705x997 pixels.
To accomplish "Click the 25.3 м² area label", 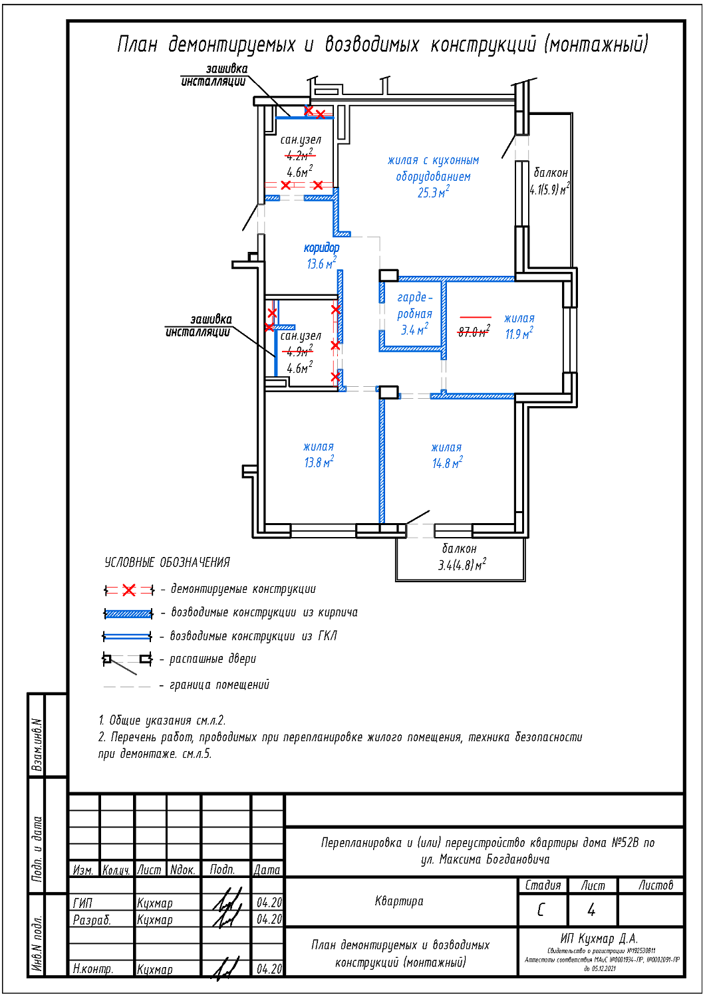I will point(433,193).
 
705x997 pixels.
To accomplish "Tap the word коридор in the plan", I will point(321,248).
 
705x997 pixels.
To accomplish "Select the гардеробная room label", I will point(414,306).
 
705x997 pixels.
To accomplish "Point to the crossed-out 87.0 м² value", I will point(474,332).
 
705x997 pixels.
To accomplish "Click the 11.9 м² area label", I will point(519,334).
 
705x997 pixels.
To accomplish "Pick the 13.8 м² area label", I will point(319,462).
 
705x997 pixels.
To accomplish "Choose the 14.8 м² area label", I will point(447,463).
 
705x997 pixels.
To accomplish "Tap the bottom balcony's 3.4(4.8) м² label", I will point(462,566).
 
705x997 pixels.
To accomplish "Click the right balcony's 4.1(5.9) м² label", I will point(549,190).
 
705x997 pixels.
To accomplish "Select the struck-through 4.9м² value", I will point(297,352).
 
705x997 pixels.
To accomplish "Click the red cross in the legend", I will point(128,590).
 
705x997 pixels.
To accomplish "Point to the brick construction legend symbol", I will point(128,614).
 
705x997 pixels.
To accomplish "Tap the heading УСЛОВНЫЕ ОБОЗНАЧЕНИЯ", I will point(167,563).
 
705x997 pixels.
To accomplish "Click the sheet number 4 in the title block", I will point(591,910).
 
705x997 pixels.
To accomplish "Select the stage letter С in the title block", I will point(541,910).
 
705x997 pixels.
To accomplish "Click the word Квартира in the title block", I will point(399,901).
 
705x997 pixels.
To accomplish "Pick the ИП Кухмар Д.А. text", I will point(599,939).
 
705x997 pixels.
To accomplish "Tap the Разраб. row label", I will point(92,920).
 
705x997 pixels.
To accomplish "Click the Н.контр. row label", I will point(93,969).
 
